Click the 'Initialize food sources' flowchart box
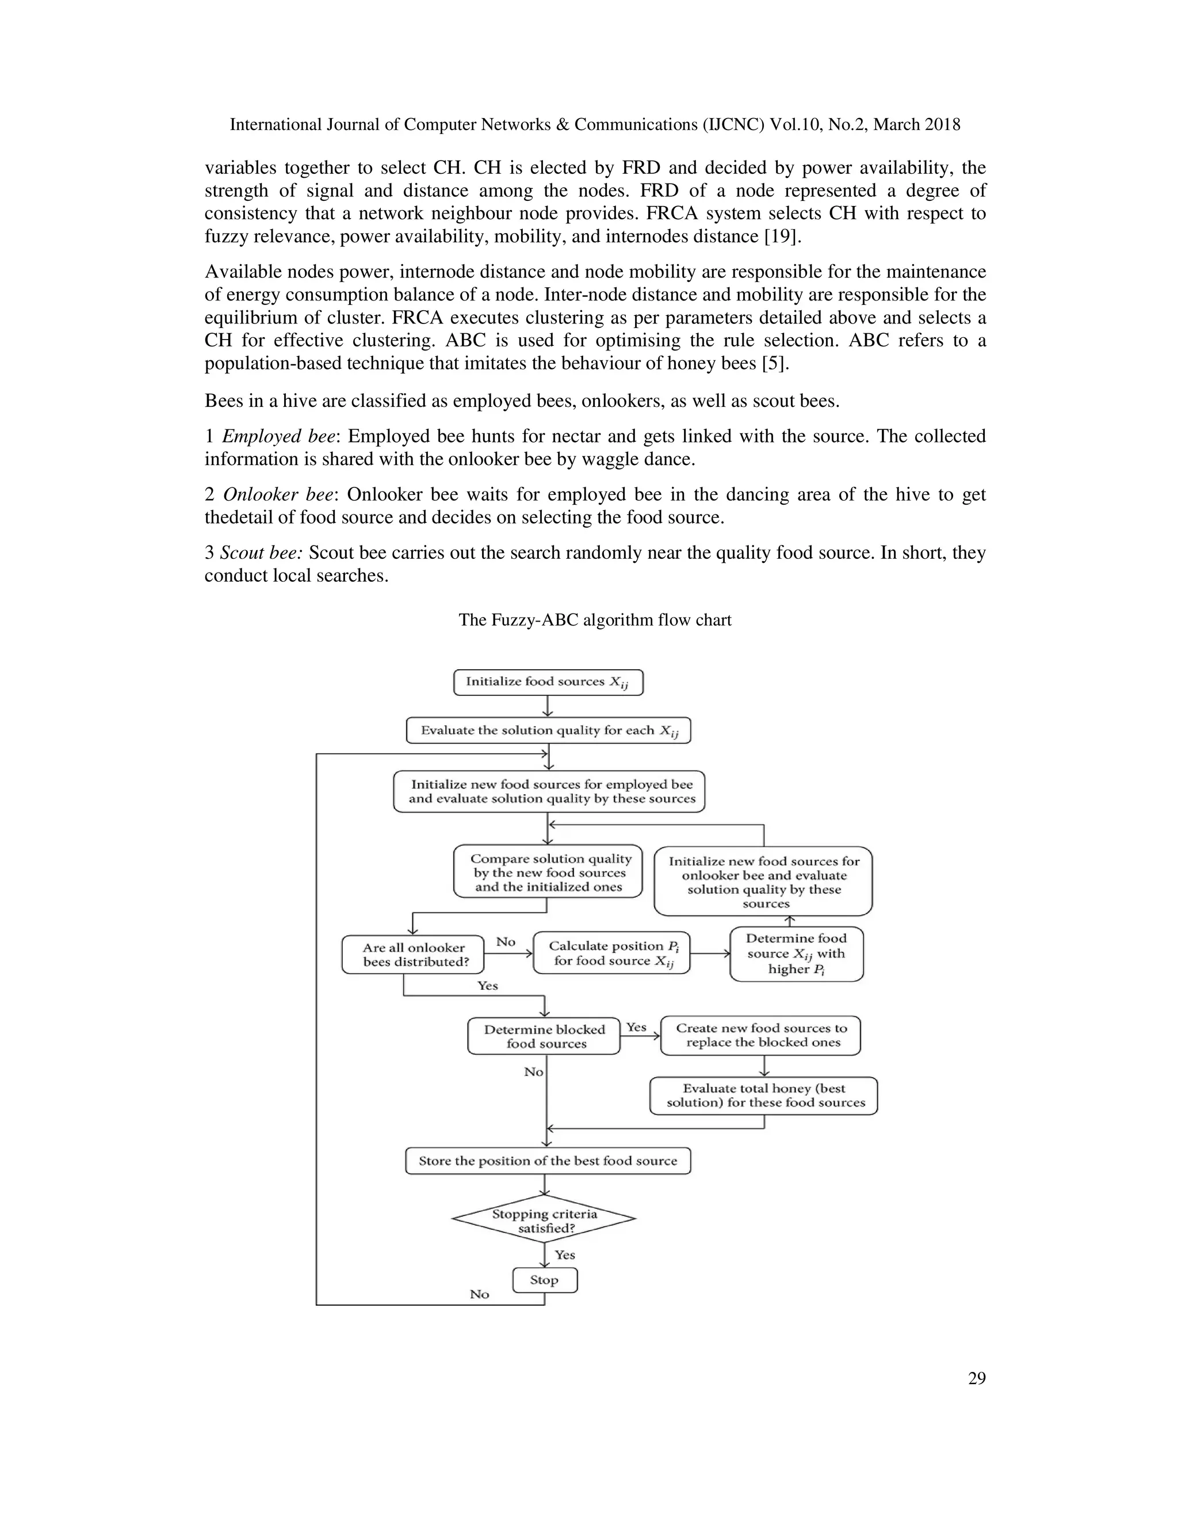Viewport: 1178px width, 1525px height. pyautogui.click(x=548, y=682)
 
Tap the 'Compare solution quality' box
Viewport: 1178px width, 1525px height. pyautogui.click(x=548, y=872)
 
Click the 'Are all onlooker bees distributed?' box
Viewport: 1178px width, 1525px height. pyautogui.click(x=413, y=955)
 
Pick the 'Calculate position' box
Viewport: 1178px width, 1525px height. pyautogui.click(x=611, y=953)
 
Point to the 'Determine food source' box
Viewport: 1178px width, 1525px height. pyautogui.click(x=796, y=954)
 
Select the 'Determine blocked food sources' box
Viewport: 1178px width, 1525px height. pyautogui.click(x=544, y=1036)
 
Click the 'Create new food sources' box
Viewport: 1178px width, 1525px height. pyautogui.click(x=760, y=1035)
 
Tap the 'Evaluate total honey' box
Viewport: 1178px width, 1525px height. pyautogui.click(x=763, y=1096)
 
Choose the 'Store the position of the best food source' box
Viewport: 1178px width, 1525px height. pyautogui.click(x=548, y=1161)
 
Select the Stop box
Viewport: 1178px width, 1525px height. pyautogui.click(x=544, y=1280)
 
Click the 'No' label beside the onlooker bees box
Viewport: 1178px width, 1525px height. pyautogui.click(x=506, y=942)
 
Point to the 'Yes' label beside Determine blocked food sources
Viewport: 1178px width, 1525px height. pyautogui.click(x=637, y=1027)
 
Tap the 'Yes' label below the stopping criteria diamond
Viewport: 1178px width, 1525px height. pyautogui.click(x=565, y=1255)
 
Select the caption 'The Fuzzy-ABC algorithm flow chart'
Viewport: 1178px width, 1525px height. pyautogui.click(x=595, y=620)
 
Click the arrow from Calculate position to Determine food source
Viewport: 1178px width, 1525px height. pyautogui.click(x=710, y=953)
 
